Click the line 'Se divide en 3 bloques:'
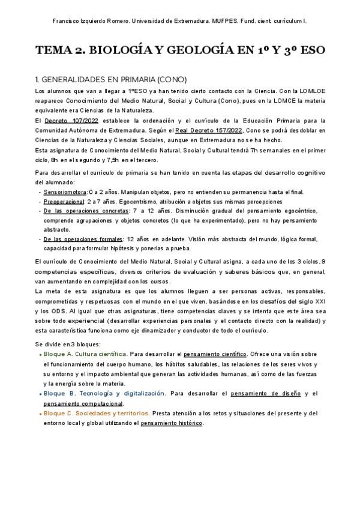coord(68,344)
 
